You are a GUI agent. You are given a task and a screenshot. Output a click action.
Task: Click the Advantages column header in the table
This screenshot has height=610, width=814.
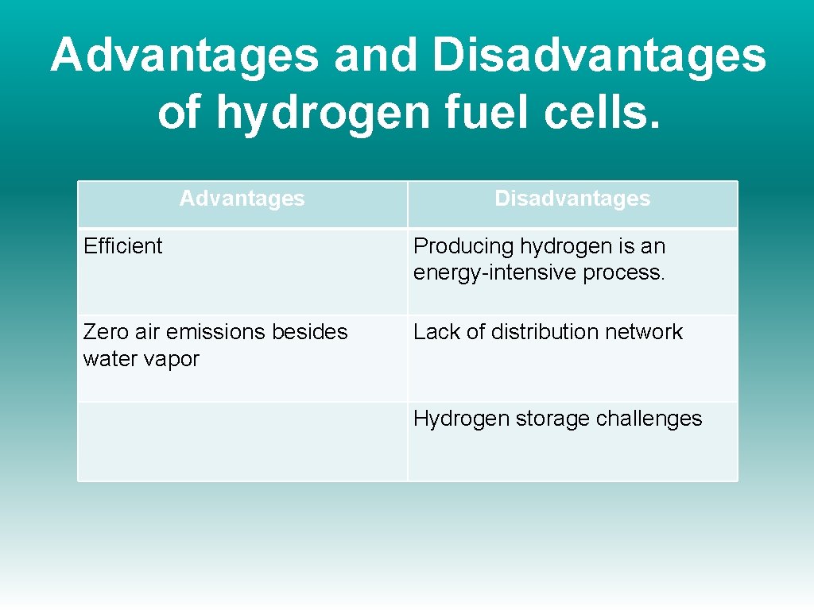coord(242,199)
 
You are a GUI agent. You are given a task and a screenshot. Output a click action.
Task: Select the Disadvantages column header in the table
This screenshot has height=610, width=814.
coord(572,199)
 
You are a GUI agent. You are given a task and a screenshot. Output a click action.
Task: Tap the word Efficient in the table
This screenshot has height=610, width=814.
coord(122,246)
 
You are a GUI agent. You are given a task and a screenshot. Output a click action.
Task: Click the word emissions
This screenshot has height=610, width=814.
coord(218,332)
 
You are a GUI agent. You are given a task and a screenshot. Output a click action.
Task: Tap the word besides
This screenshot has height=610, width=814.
coord(312,332)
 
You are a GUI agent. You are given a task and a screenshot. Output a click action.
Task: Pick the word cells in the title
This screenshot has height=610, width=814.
coord(594,111)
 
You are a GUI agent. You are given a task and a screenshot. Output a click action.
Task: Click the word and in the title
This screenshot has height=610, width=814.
coord(375,56)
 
